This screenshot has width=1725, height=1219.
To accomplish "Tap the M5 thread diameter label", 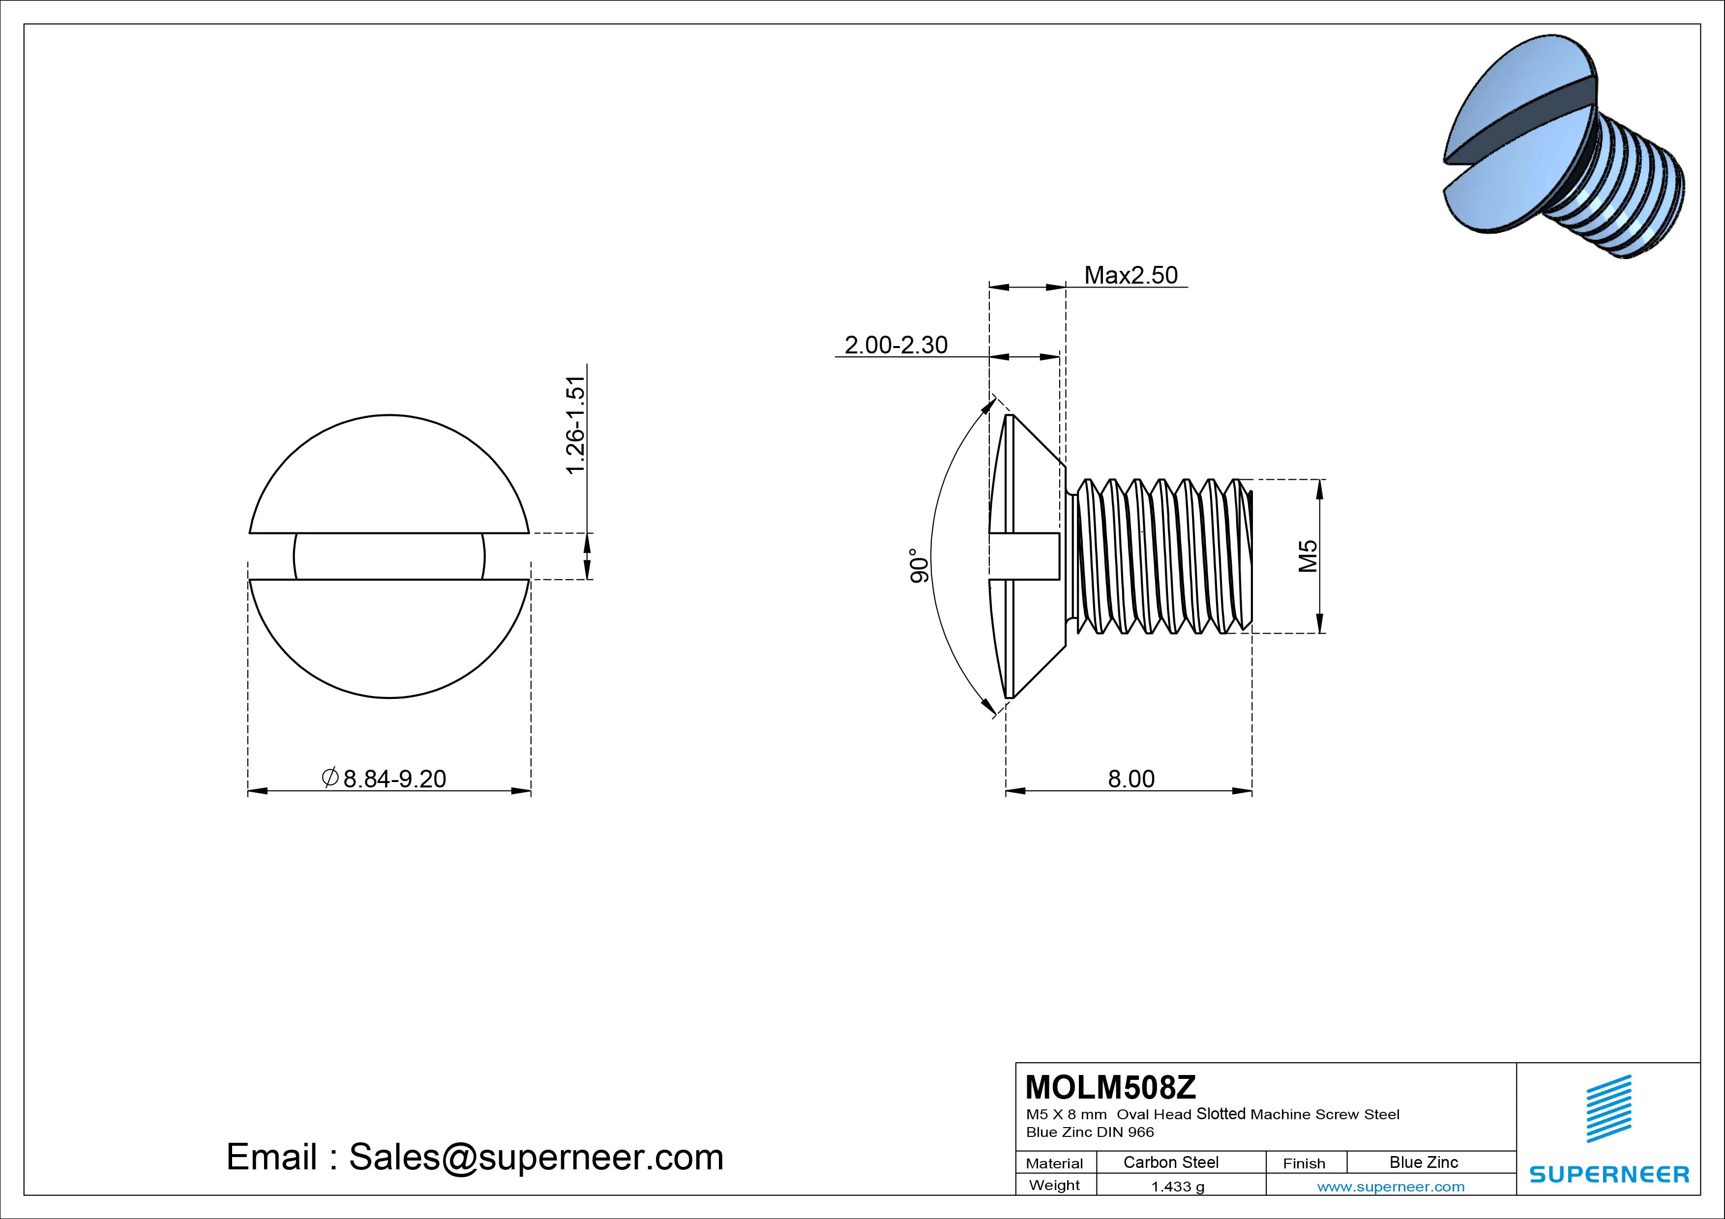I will coord(1308,556).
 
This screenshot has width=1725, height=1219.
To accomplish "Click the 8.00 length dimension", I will coord(1130,779).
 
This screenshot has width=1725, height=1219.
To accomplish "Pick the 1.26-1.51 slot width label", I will coord(575,425).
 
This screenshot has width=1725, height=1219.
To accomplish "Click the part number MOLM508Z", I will coord(1110,1087).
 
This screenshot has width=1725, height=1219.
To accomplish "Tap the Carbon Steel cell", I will coord(1170,1162).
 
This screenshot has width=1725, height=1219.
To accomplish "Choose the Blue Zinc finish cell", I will coord(1423,1162).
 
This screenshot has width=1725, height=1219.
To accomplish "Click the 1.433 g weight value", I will coord(1177,1187).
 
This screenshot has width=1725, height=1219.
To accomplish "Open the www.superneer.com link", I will coord(1391,1187).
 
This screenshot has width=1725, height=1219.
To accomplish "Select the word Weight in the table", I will coord(1054,1185).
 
